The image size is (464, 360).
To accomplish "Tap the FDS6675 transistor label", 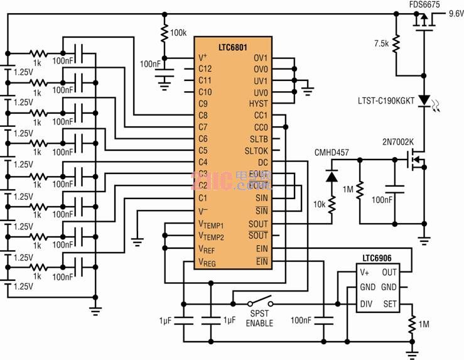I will coord(424,4).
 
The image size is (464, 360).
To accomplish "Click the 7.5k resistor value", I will coord(380,43).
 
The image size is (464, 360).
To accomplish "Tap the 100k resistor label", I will coord(179,32).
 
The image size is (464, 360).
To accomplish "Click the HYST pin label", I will coord(258,104).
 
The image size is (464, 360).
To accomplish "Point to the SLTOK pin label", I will coord(256,151).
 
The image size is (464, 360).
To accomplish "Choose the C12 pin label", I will coord(205,68).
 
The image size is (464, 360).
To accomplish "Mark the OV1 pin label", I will coord(260,58).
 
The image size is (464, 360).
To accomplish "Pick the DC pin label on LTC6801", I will coord(262,163).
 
